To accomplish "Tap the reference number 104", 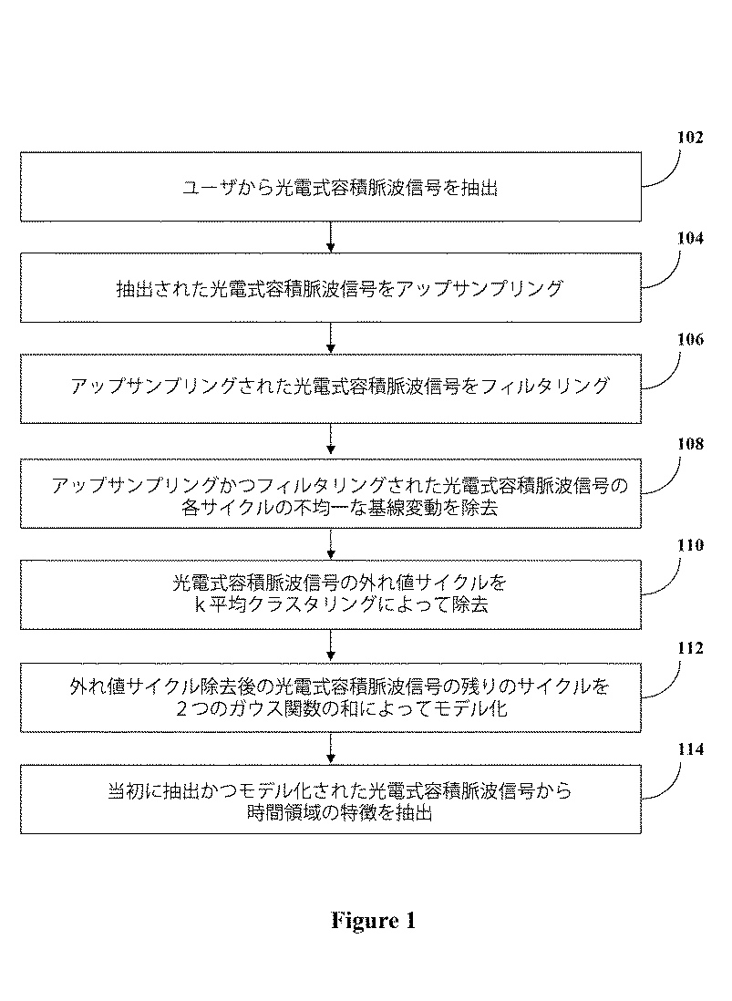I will [x=689, y=240].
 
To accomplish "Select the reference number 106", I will [x=689, y=341].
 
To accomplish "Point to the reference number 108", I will [x=689, y=444].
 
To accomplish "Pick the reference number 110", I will [x=689, y=546].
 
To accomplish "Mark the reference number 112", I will [x=689, y=649].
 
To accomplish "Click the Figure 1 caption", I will [x=373, y=921].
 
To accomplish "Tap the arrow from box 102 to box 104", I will [x=331, y=236].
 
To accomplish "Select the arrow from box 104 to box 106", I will [x=331, y=337].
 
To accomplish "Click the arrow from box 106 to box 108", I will [x=331, y=440].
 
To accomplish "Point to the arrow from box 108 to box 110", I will [x=331, y=543].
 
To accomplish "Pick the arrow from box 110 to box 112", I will [x=331, y=646].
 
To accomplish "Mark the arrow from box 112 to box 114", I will [x=331, y=748].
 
